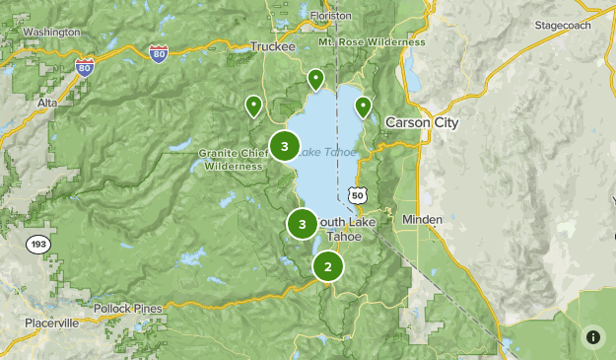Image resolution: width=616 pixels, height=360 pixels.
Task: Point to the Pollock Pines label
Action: pos(128,309)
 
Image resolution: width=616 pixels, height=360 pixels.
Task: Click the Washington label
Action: pos(50,32)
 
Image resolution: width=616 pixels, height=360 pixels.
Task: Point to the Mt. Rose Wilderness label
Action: pos(373,42)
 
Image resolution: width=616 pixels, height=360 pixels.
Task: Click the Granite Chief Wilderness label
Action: pos(233,160)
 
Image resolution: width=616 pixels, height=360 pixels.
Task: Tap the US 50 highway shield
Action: pos(358,196)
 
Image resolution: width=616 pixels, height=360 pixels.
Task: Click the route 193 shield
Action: pos(36,244)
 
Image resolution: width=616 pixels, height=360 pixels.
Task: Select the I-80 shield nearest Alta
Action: pos(85,66)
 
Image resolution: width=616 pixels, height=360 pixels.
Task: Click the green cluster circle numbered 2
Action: pos(328,266)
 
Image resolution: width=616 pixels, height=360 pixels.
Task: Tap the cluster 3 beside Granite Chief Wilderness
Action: pos(284,147)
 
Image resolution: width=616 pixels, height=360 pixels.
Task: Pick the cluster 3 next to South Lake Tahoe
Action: pos(302,224)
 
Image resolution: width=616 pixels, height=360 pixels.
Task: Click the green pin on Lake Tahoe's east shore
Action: pos(363,107)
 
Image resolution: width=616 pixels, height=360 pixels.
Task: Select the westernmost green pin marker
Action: pos(253,105)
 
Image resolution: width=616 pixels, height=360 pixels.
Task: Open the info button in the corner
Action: pos(592,336)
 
